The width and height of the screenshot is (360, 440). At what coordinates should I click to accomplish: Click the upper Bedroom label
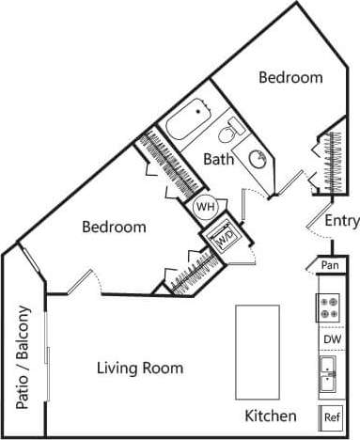(291, 78)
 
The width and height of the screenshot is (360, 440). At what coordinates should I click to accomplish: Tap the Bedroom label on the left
(114, 227)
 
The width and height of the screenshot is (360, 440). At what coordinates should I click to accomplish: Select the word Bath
(218, 159)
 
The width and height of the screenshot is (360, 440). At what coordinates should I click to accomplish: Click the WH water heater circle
(206, 206)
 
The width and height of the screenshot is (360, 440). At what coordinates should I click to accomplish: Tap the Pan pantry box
(329, 266)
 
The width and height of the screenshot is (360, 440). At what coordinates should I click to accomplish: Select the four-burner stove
(330, 306)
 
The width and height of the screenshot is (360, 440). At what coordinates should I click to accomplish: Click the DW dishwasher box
(331, 339)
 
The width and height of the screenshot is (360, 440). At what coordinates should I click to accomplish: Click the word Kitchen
(271, 416)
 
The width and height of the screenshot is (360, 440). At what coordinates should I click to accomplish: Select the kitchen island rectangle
(256, 349)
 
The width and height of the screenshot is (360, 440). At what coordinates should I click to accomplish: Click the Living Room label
(140, 368)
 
